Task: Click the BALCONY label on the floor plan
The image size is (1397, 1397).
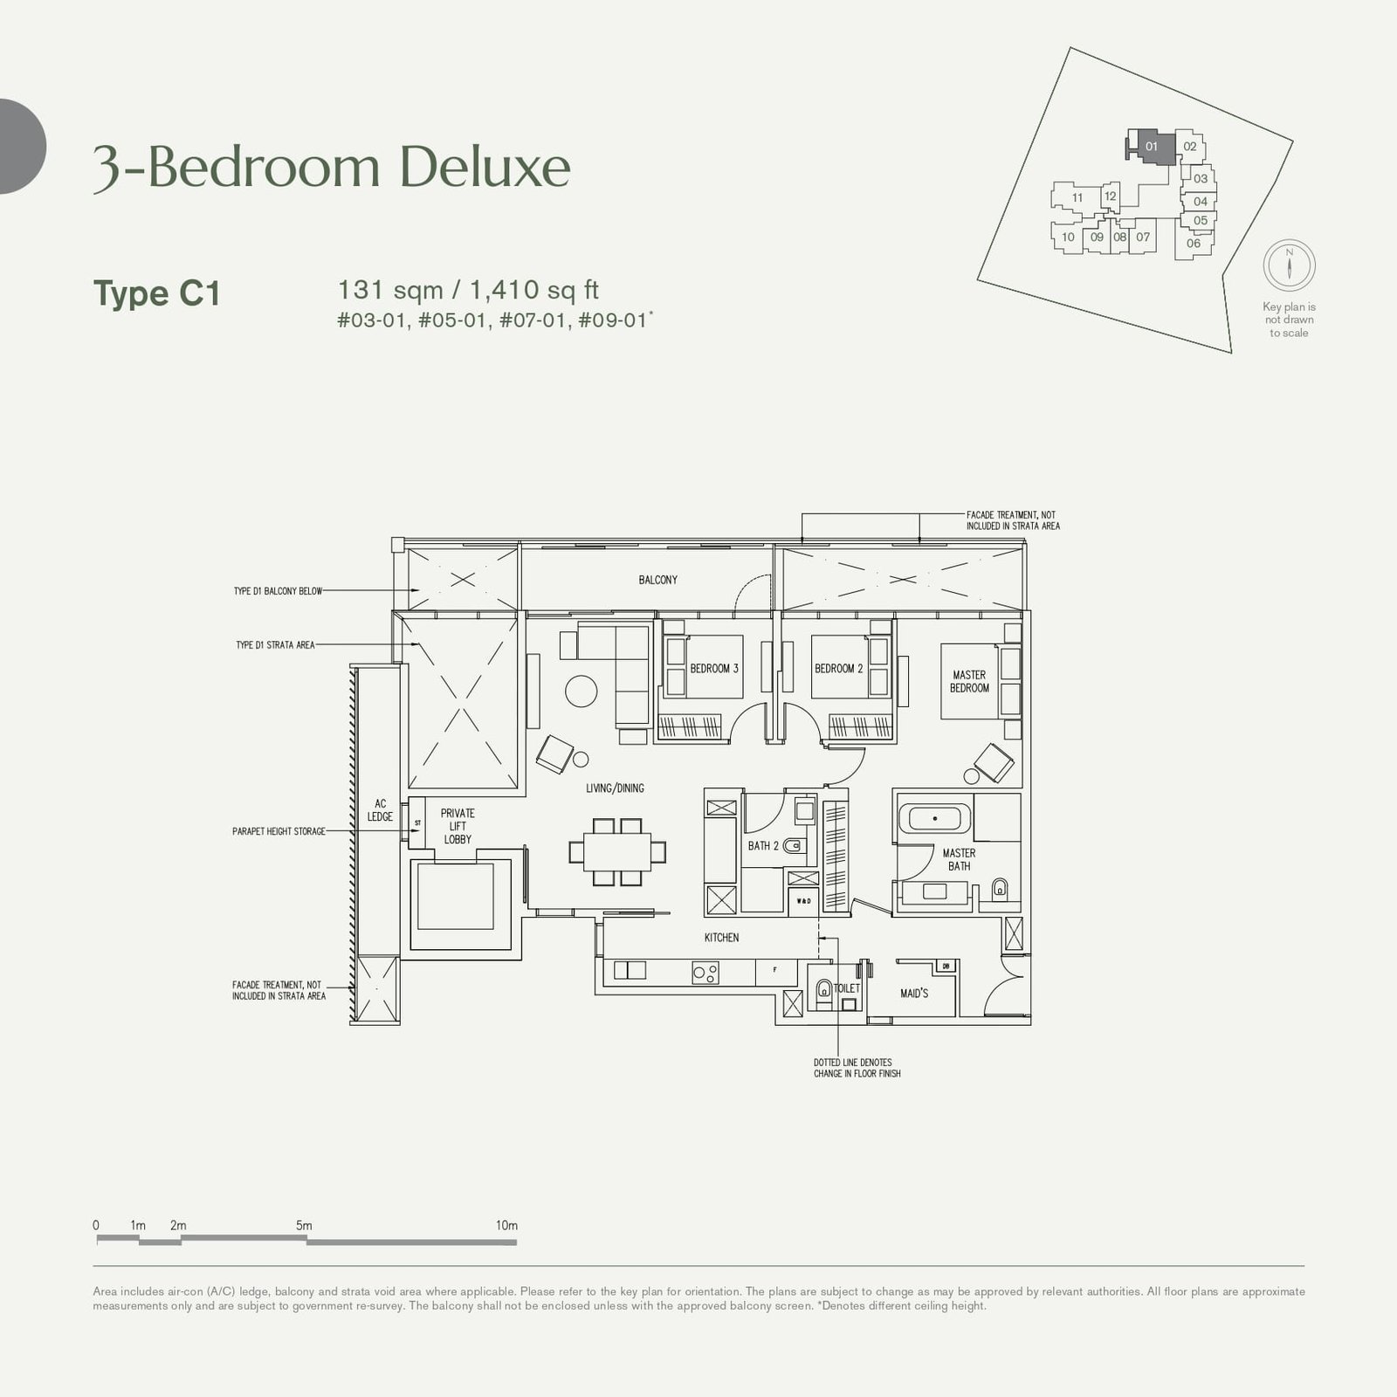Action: pyautogui.click(x=657, y=580)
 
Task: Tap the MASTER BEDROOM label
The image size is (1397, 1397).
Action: pyautogui.click(x=969, y=681)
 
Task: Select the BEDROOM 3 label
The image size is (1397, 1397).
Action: pyautogui.click(x=714, y=669)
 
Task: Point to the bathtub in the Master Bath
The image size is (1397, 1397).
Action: pyautogui.click(x=935, y=819)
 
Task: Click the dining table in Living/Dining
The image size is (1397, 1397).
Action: pyautogui.click(x=617, y=851)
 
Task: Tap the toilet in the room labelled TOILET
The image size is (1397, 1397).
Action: pyautogui.click(x=822, y=990)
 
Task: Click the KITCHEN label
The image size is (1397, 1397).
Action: pyautogui.click(x=721, y=938)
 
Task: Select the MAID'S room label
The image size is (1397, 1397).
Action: pyautogui.click(x=914, y=994)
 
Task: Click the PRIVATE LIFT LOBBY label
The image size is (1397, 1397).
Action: pyautogui.click(x=458, y=826)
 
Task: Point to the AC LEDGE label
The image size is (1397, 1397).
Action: pyautogui.click(x=380, y=810)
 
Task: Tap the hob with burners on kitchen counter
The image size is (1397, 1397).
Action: pyautogui.click(x=705, y=972)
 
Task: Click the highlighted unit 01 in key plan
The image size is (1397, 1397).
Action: pyautogui.click(x=1151, y=146)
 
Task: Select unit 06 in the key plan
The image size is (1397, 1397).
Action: pyautogui.click(x=1193, y=244)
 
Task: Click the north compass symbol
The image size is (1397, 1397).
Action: pyautogui.click(x=1289, y=265)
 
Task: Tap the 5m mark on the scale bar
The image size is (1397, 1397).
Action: pyautogui.click(x=304, y=1226)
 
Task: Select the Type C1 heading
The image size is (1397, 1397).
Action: pyautogui.click(x=157, y=293)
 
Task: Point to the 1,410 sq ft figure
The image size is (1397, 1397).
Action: pyautogui.click(x=534, y=290)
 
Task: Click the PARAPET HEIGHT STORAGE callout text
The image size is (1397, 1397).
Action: pyautogui.click(x=279, y=831)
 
